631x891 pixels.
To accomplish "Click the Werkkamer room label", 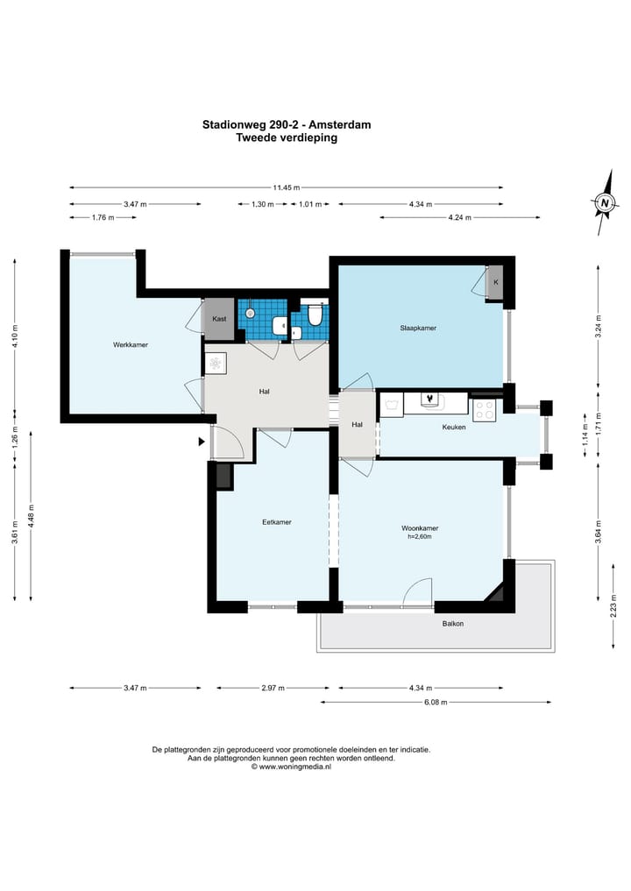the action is [131, 344].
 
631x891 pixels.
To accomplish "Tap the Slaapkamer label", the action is [418, 328].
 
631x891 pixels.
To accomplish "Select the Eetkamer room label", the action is [277, 521].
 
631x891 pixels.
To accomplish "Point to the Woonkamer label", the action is [420, 528].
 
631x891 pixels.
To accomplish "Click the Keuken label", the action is [454, 427].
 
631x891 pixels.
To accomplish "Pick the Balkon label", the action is [453, 624].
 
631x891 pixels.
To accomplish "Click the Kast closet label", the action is [219, 319].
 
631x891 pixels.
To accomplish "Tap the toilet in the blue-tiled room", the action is [315, 315].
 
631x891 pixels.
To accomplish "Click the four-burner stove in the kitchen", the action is [485, 410].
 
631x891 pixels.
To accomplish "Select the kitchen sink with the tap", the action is [430, 401].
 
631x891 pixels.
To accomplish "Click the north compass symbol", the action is [605, 202].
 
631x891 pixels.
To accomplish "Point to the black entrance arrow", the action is [202, 441].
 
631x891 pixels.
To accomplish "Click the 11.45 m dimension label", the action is [286, 187].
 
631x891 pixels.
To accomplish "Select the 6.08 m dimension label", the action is [436, 702].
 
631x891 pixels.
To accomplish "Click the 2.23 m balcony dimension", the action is [613, 605].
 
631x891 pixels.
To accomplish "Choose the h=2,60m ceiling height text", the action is [420, 536].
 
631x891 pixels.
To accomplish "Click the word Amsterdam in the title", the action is [340, 124].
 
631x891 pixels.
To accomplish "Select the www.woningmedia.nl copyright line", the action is [291, 766].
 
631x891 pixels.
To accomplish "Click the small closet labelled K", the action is [496, 282].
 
